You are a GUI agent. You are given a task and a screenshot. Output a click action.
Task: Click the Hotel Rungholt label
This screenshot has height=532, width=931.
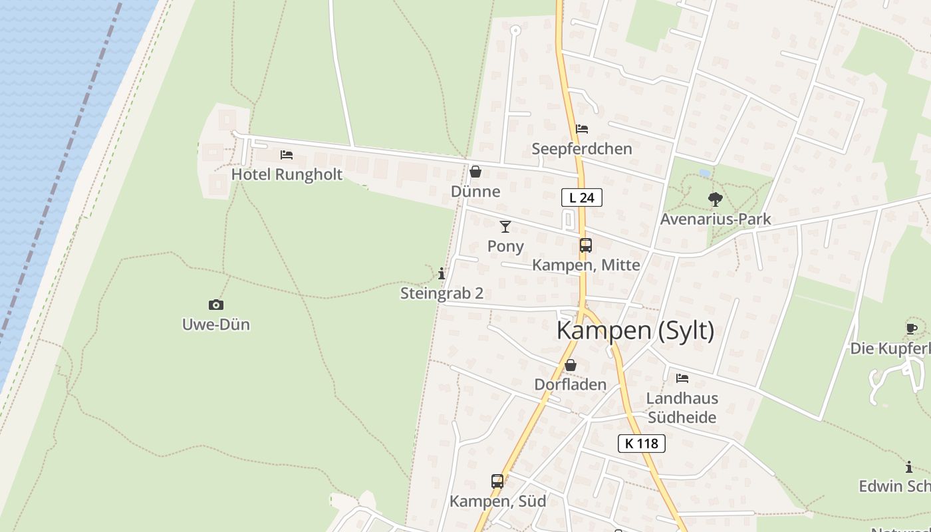[287, 174]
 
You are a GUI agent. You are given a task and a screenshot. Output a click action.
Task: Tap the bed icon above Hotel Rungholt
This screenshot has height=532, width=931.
[287, 155]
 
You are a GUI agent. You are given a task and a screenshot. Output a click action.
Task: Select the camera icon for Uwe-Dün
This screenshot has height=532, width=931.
[216, 305]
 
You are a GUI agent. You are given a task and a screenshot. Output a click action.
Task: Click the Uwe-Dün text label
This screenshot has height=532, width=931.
[216, 325]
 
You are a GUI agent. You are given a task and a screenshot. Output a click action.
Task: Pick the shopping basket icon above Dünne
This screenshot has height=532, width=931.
[475, 172]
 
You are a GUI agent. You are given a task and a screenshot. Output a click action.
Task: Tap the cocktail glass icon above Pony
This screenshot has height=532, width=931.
[505, 227]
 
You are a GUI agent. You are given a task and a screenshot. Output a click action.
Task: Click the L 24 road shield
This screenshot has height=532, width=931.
[582, 198]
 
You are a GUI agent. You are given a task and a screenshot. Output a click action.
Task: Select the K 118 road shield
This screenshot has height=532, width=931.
[642, 444]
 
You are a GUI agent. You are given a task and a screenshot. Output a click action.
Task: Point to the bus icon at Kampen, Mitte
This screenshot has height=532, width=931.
[585, 245]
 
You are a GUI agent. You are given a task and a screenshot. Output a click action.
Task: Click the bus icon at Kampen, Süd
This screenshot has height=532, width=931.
[497, 481]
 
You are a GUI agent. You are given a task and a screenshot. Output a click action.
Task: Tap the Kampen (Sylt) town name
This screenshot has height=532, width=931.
[635, 331]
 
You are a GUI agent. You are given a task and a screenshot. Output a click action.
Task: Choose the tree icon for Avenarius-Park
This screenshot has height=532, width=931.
[715, 199]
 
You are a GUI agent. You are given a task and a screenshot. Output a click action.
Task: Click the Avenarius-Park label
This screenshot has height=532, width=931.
[716, 219]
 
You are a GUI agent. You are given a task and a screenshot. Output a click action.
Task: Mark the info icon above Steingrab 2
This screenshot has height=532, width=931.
[442, 273]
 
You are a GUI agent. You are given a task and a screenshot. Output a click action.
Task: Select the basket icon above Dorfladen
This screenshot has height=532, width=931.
[571, 365]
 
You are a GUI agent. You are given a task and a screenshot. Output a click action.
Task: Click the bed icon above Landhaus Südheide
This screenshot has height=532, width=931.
[682, 378]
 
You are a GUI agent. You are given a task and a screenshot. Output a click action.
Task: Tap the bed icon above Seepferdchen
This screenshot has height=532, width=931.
[582, 129]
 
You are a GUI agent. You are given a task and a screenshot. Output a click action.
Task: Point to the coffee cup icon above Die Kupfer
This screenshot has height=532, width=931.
[912, 329]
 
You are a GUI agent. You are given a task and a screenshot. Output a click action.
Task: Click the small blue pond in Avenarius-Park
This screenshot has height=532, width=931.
[705, 173]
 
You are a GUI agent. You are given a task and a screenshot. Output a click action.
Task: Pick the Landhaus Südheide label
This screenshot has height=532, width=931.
[682, 408]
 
